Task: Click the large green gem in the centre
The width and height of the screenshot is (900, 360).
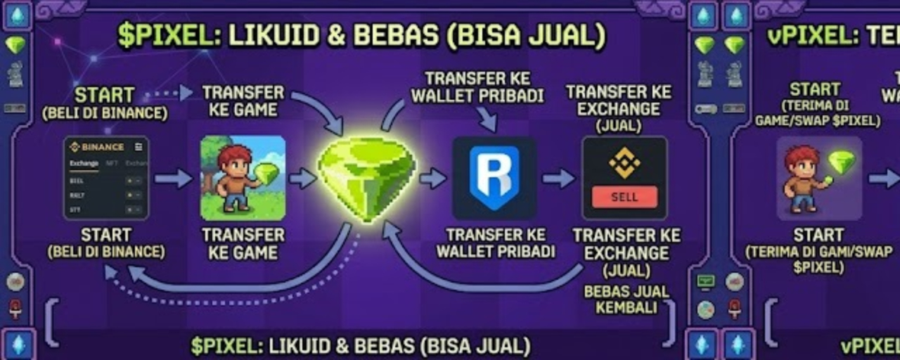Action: coord(366,178)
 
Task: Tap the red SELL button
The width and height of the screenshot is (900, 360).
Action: coord(624,197)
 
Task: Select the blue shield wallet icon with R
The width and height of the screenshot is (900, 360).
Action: coord(494,178)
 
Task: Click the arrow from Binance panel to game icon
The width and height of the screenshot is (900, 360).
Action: coord(174,179)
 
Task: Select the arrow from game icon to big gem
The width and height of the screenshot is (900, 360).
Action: coord(303,179)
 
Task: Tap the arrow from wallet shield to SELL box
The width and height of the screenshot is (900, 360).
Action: coord(559,179)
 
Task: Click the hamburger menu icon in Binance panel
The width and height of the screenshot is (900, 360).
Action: coord(139,147)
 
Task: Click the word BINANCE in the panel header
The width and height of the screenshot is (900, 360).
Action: coord(102,147)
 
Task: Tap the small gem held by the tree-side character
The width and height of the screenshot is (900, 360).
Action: coord(266,173)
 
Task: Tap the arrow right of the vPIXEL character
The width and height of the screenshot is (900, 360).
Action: coord(884,179)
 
